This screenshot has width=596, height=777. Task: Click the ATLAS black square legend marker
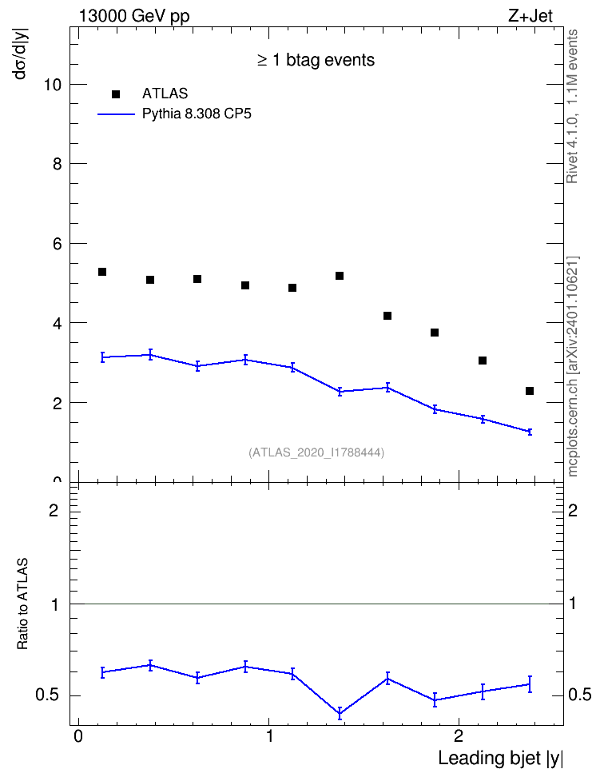[116, 94]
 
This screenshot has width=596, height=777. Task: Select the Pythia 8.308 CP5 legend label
[197, 114]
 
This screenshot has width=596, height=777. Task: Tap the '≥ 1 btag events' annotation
[316, 60]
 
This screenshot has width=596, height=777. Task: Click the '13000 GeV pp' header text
[134, 16]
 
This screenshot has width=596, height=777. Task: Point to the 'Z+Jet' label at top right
[530, 16]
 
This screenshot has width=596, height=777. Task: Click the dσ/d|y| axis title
[21, 53]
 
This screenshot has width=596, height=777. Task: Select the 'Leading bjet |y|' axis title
[501, 758]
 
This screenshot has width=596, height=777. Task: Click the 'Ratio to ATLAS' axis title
[22, 604]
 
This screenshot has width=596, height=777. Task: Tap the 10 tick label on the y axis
[53, 85]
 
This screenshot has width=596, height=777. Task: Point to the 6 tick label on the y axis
[58, 244]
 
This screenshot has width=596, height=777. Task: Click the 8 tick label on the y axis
[58, 164]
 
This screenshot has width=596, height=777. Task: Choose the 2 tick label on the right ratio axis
[573, 510]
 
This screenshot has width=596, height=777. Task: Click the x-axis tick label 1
[269, 736]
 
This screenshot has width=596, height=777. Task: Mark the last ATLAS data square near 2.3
[530, 391]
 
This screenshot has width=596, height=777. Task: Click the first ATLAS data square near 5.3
[102, 272]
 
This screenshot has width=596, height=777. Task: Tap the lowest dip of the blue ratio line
[340, 714]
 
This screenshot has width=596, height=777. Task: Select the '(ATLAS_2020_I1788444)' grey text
[316, 452]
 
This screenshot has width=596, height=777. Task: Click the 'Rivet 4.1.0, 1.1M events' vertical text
[572, 106]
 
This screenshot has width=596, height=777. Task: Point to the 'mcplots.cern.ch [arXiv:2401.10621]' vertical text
[573, 366]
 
